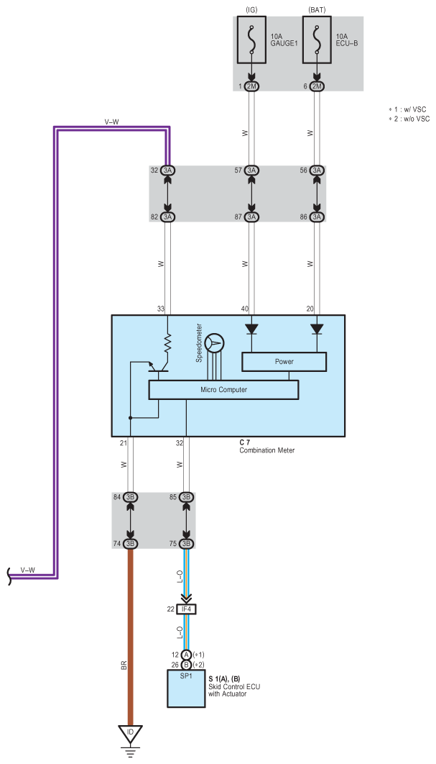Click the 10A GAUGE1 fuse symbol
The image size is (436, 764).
(x=252, y=40)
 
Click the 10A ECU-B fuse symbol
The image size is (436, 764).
(x=317, y=40)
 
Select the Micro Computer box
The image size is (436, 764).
(x=223, y=390)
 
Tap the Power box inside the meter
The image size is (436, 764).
(x=284, y=362)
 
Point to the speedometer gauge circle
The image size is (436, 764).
(x=215, y=343)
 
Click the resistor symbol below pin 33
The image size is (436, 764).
(x=168, y=343)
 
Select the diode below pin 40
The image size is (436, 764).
(x=251, y=329)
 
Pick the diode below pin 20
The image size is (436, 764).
(x=317, y=329)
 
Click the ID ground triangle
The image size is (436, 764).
(x=131, y=732)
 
